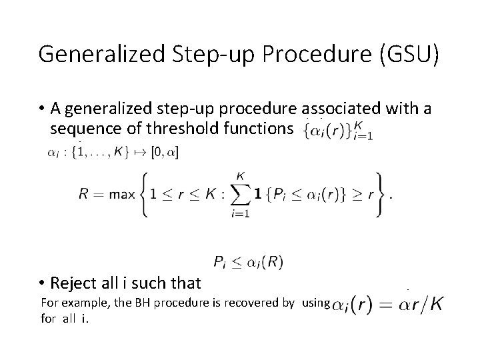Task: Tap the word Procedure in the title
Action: [x=318, y=54]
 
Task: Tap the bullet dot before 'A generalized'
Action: [x=41, y=109]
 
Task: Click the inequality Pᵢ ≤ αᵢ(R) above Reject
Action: [x=248, y=262]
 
